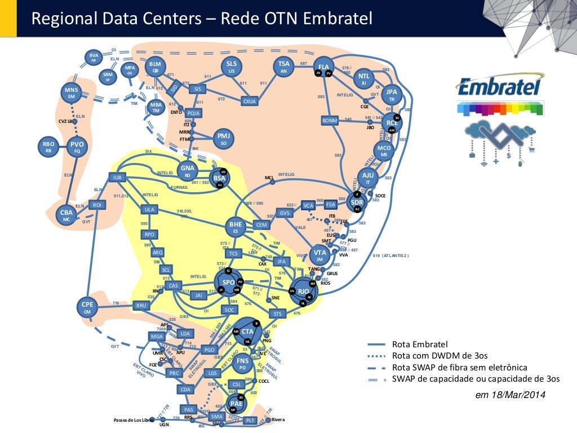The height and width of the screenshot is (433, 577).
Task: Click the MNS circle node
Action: click(x=72, y=94)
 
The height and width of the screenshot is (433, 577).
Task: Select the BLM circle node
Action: click(x=155, y=67)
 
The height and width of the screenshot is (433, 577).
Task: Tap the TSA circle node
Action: click(x=283, y=67)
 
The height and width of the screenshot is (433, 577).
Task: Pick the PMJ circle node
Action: click(x=224, y=139)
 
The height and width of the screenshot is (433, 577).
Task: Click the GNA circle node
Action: click(x=188, y=170)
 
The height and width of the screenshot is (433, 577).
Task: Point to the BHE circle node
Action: click(x=235, y=227)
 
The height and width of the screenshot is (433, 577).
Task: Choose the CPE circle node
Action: click(x=87, y=307)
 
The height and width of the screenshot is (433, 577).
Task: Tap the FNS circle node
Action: click(x=242, y=363)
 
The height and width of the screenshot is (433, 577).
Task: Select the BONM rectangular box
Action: click(x=330, y=121)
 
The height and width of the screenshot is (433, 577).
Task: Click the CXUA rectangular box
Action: click(x=249, y=101)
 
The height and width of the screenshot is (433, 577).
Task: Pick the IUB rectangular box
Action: click(x=117, y=178)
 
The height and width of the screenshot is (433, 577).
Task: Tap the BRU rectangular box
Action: click(x=141, y=306)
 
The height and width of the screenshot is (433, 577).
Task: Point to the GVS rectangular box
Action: click(x=285, y=213)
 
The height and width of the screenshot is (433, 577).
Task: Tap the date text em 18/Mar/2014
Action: click(x=511, y=395)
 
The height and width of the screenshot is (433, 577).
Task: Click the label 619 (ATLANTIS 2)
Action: click(x=391, y=255)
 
